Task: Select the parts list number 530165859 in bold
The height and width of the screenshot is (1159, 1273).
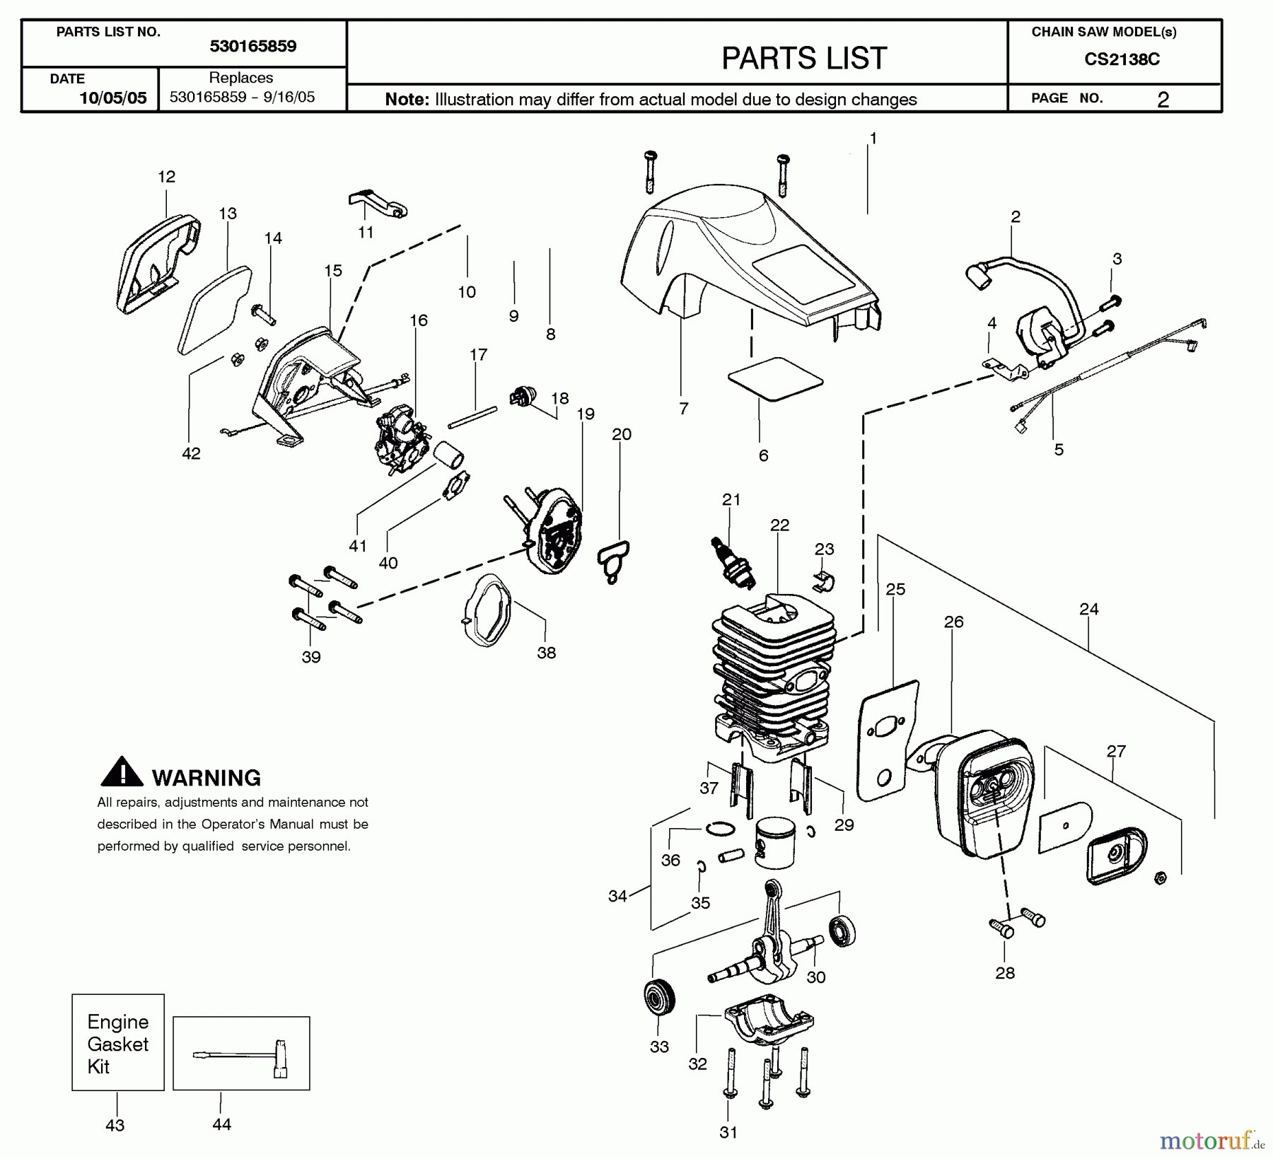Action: pyautogui.click(x=252, y=47)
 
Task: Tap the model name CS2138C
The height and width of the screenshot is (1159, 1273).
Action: pyautogui.click(x=1122, y=59)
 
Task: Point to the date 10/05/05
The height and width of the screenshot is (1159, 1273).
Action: pyautogui.click(x=112, y=98)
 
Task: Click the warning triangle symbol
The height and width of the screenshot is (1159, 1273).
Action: pyautogui.click(x=122, y=772)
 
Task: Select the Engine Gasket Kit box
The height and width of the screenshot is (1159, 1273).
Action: pyautogui.click(x=117, y=1042)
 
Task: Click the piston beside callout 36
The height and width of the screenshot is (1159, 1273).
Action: pyautogui.click(x=775, y=842)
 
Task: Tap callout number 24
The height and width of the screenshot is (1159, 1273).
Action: pyautogui.click(x=1088, y=609)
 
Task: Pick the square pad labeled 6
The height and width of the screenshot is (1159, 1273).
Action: pyautogui.click(x=775, y=379)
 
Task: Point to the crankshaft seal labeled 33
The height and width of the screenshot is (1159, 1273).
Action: pyautogui.click(x=659, y=998)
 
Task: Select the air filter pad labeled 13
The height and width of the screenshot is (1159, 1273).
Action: pyautogui.click(x=214, y=309)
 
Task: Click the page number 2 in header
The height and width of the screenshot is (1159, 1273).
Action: pyautogui.click(x=1162, y=100)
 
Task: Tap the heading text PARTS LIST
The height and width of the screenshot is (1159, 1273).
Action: pyautogui.click(x=803, y=58)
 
